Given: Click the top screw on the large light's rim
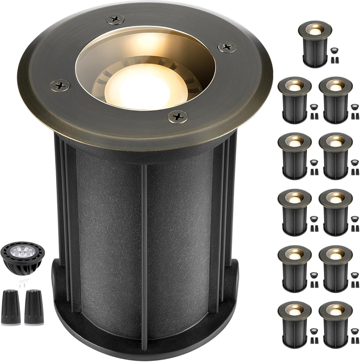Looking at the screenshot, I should pyautogui.click(x=115, y=19).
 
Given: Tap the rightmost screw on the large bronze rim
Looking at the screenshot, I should pyautogui.click(x=227, y=47).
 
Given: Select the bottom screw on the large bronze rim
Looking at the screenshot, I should pyautogui.click(x=178, y=117).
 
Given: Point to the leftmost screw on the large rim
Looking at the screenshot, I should pyautogui.click(x=60, y=85).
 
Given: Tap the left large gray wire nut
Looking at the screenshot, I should pyautogui.click(x=10, y=307).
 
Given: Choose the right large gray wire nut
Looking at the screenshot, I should pyautogui.click(x=34, y=307).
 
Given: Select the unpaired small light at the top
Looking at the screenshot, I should pyautogui.click(x=314, y=44).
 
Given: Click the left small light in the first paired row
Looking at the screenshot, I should pyautogui.click(x=294, y=100).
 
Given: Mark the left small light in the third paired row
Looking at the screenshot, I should pyautogui.click(x=294, y=212).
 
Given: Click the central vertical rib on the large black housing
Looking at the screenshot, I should pyautogui.click(x=144, y=255).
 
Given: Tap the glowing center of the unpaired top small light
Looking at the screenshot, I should pyautogui.click(x=314, y=31).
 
